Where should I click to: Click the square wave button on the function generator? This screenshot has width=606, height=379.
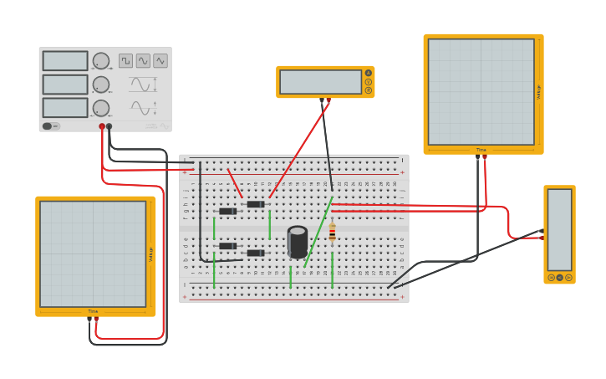pos(125,60)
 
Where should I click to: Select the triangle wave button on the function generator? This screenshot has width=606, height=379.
pos(160,60)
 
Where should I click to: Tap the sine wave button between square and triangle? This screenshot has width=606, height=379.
pos(143,60)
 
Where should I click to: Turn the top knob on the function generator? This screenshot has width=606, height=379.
pos(100,61)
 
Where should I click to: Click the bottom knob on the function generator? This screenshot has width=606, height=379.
pos(100,108)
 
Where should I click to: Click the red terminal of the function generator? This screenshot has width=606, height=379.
pos(102,126)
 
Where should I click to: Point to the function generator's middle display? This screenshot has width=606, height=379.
pos(65,85)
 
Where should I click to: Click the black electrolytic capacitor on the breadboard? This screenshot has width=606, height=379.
pos(297,242)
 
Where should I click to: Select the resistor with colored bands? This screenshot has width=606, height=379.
pos(332,233)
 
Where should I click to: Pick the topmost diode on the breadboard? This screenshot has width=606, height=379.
pos(255,204)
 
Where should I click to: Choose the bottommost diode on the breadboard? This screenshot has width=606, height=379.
pos(255,253)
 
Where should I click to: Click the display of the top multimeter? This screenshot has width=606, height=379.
pos(320,82)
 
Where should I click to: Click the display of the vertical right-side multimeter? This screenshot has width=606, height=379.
pos(559,229)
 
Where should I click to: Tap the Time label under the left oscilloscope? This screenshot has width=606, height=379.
pos(93,311)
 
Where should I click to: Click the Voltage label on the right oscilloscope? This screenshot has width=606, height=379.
pos(538,92)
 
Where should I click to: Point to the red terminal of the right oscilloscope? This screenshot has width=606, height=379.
pos(485,156)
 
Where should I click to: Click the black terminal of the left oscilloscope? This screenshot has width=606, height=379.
pos(89,320)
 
